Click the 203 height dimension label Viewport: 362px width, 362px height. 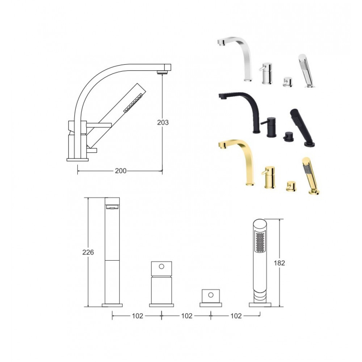(x=163, y=122)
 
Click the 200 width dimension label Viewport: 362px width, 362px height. (x=121, y=171)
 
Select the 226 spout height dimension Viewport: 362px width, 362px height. (x=88, y=252)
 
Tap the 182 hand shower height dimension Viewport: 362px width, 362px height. (x=279, y=263)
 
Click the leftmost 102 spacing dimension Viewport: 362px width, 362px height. (x=138, y=316)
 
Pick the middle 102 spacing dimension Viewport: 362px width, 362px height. (x=187, y=316)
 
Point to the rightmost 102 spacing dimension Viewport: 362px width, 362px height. (x=236, y=316)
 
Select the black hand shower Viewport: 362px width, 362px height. (x=300, y=127)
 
